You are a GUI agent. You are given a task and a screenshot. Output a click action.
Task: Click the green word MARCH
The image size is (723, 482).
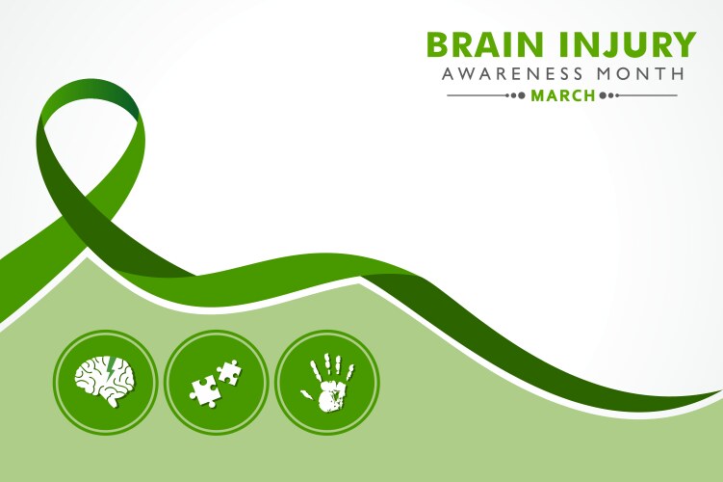(563, 95)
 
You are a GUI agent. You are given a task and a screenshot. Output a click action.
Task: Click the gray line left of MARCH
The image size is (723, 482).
(486, 95)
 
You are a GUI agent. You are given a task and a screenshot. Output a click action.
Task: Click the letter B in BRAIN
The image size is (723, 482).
(439, 45)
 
